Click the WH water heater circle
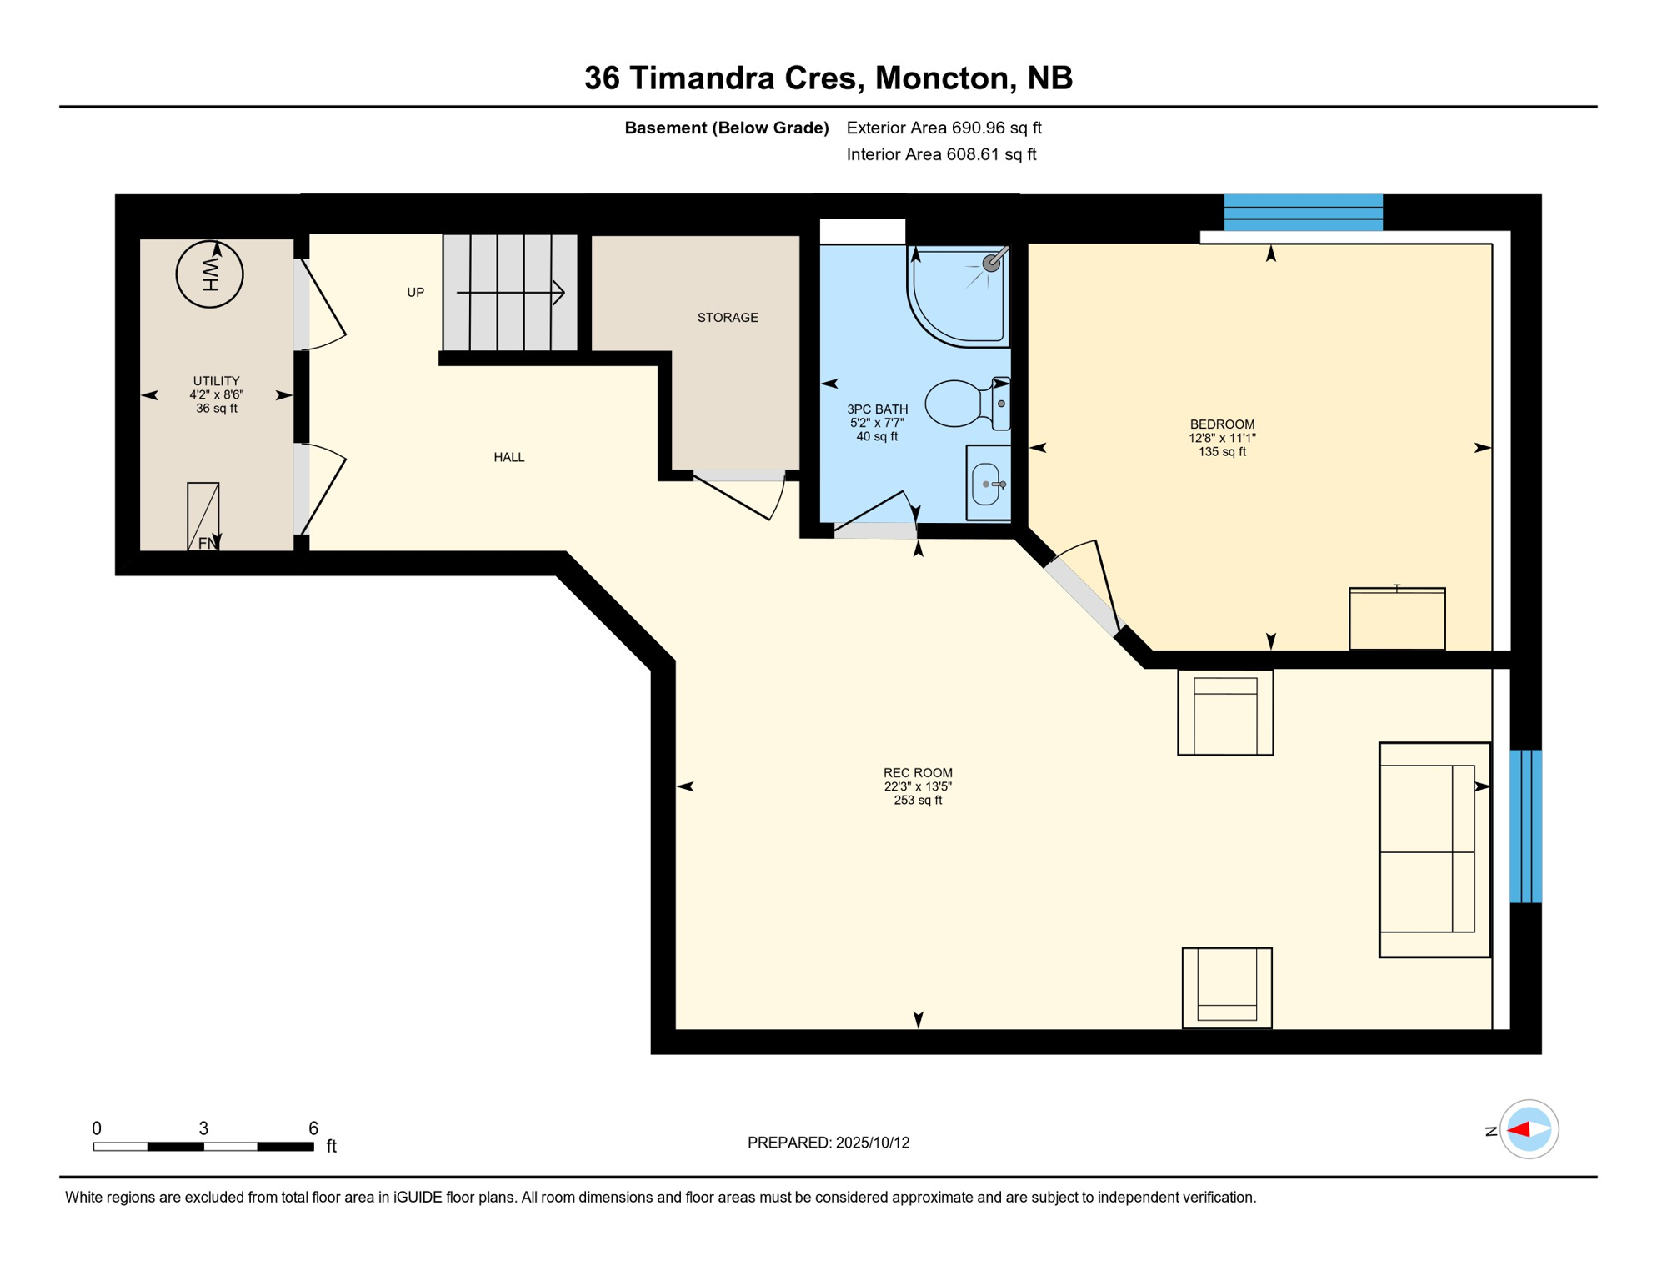209,274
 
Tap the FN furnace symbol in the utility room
203,517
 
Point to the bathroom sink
987,484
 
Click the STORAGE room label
727,318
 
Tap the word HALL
508,457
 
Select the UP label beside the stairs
415,293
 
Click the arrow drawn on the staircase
510,293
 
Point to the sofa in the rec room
1433,849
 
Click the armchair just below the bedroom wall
1224,713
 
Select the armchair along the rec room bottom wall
1226,987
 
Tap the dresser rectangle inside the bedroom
1396,619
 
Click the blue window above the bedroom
1302,213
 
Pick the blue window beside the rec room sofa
1525,826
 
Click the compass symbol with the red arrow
1528,1129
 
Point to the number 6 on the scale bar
313,1128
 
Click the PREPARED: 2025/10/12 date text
828,1143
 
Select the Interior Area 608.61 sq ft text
940,154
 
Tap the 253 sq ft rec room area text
917,801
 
